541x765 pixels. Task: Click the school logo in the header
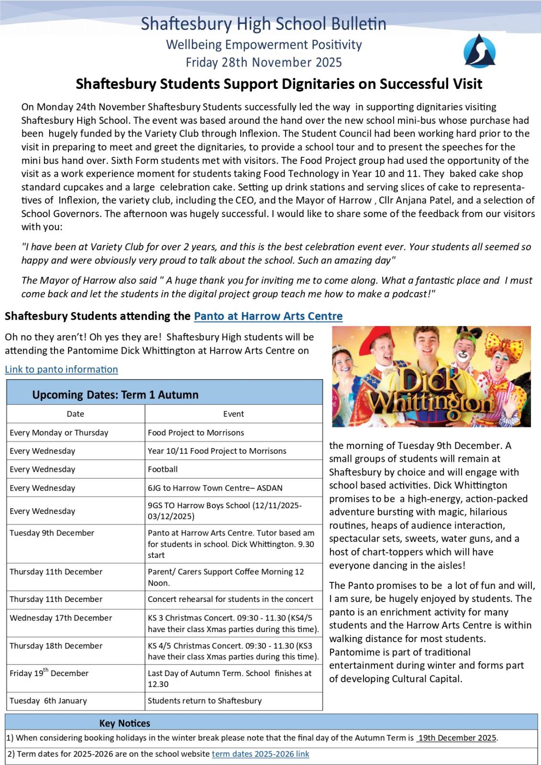click(x=479, y=51)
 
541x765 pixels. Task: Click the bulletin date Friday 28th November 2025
click(x=264, y=63)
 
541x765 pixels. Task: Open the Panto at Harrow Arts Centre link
click(x=268, y=316)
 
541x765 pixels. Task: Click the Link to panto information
click(x=61, y=369)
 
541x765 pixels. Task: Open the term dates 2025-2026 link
click(x=260, y=754)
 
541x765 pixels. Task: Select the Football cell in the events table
click(x=163, y=470)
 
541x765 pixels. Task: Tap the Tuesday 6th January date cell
click(x=48, y=701)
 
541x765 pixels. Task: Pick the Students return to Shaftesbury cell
click(x=205, y=701)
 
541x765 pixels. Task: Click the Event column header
click(x=233, y=414)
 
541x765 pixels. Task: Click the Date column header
click(x=76, y=414)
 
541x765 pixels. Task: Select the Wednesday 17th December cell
click(x=61, y=618)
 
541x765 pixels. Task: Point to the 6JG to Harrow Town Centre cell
click(x=215, y=488)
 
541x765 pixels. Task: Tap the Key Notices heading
click(x=125, y=723)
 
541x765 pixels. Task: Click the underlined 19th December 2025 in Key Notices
click(x=457, y=738)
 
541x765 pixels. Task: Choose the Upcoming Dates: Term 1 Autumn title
click(x=115, y=395)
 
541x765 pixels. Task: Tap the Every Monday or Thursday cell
click(x=59, y=433)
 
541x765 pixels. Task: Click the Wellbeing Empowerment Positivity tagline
click(x=264, y=45)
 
